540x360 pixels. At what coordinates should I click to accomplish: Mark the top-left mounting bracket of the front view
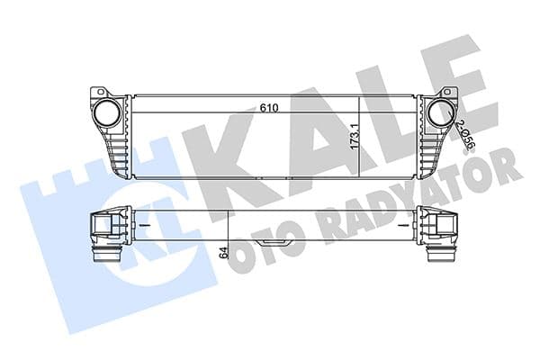(101, 92)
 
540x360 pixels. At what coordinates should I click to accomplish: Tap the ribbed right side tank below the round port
(436, 153)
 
